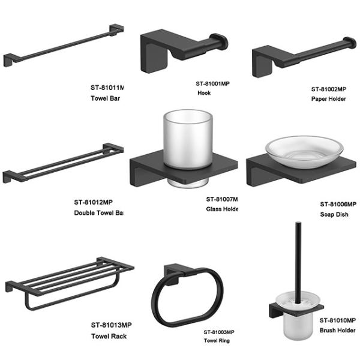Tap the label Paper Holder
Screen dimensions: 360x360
point(328,98)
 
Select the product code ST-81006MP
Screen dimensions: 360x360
point(338,204)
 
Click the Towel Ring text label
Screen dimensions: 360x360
point(216,341)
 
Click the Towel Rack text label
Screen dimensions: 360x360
point(107,336)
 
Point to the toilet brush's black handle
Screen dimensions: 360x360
point(297,252)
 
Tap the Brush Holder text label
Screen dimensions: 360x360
point(337,331)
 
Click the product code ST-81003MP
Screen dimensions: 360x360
point(218,332)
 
